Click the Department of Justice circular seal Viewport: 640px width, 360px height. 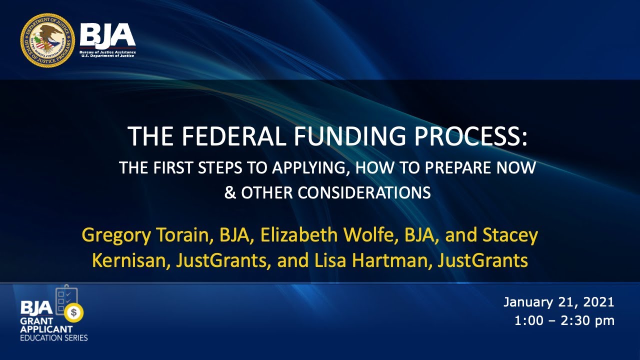(47, 40)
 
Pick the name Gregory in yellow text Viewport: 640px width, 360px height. (114, 235)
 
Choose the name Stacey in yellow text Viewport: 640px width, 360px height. (510, 235)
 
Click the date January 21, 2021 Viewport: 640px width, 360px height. (558, 302)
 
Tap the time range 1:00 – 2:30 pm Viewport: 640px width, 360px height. (564, 320)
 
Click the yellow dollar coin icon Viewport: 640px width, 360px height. (74, 313)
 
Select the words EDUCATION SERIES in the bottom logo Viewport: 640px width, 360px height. (54, 338)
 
